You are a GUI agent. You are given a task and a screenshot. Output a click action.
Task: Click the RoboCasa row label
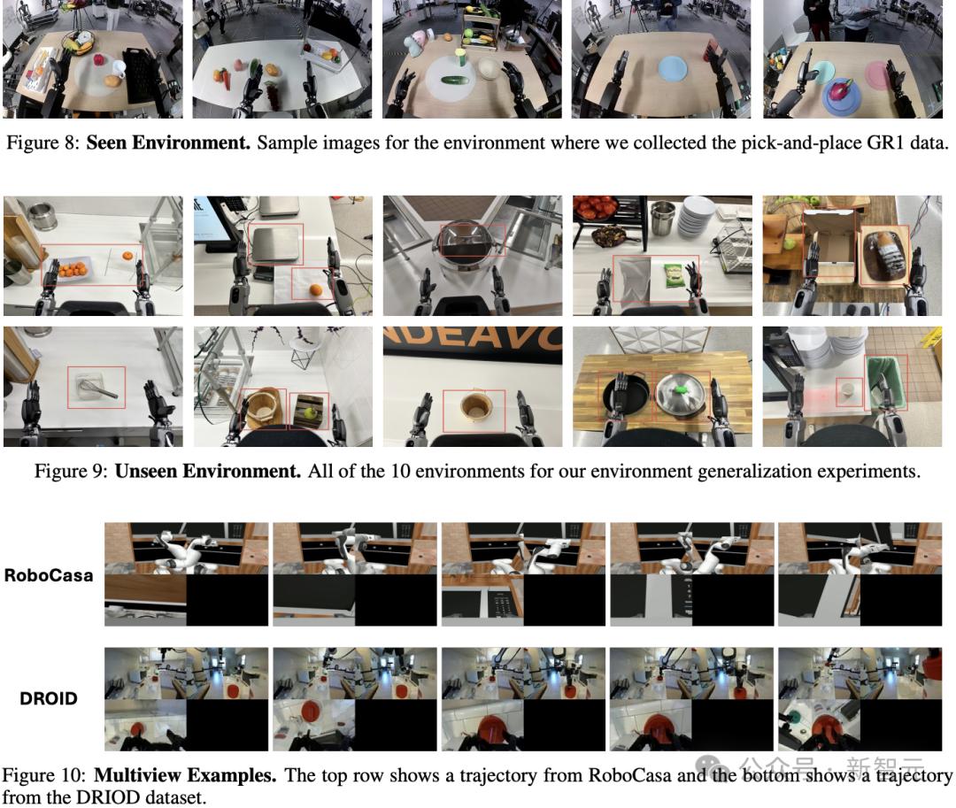49,575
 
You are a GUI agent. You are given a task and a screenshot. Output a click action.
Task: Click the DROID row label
49,698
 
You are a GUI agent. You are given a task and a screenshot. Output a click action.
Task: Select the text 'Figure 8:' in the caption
42,142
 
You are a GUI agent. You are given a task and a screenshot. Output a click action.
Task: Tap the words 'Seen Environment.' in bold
168,142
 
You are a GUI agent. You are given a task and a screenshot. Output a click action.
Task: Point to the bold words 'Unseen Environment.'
208,471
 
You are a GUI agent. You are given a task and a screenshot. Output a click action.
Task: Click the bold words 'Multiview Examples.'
185,775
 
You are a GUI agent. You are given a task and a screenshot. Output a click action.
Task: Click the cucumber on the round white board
453,80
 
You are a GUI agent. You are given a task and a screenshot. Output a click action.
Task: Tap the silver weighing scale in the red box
277,244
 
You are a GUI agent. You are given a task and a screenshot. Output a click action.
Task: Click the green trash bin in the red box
886,382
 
